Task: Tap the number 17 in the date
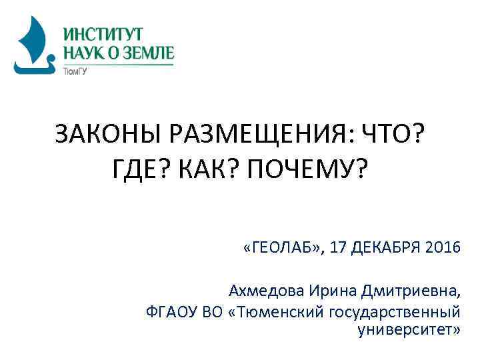pyautogui.click(x=339, y=249)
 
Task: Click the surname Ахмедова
pyautogui.click(x=265, y=291)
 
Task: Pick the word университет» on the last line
pyautogui.click(x=409, y=329)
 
